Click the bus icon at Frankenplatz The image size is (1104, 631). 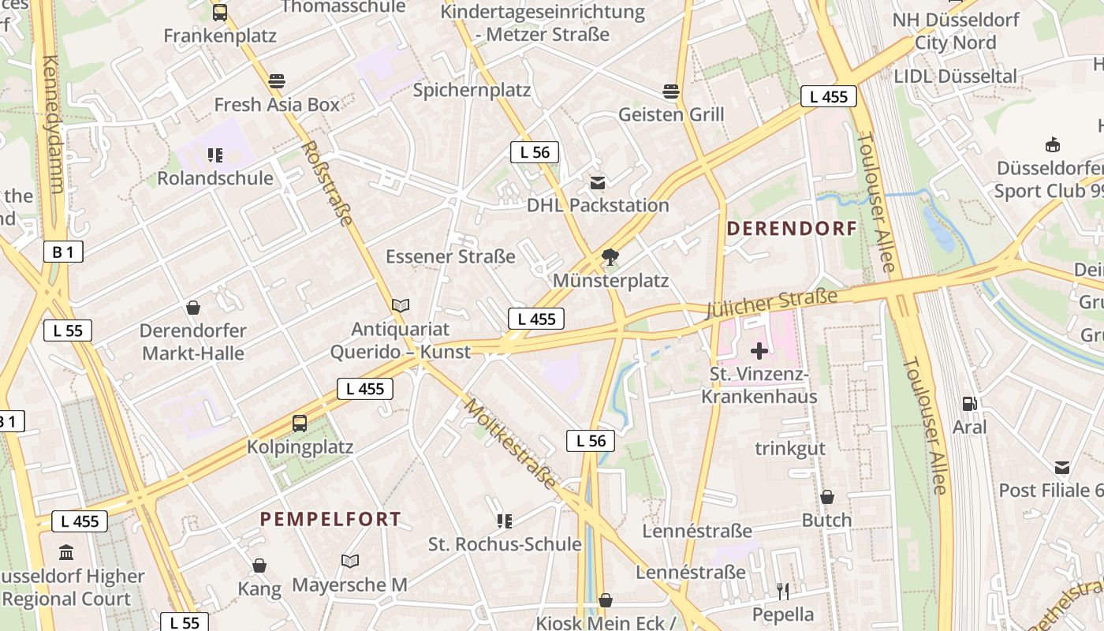point(220,13)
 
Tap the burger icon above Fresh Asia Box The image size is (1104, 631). point(276,80)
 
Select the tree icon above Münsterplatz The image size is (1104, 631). point(610,256)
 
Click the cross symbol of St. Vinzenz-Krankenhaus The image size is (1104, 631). point(759,350)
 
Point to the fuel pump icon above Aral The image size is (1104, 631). point(969,404)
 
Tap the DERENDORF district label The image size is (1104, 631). point(791,229)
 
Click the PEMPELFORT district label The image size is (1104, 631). point(330,519)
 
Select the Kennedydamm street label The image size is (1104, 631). point(51,125)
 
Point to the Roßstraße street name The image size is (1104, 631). point(326,183)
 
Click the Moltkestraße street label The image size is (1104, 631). point(510,443)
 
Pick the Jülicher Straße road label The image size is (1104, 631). point(771,304)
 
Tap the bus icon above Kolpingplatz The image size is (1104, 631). point(300,423)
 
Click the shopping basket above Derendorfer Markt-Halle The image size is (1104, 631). point(193,308)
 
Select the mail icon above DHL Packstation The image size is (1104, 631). point(598,183)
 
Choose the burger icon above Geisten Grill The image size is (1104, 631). point(671,91)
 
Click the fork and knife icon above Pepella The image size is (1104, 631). point(783,591)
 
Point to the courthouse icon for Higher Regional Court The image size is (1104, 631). point(66,552)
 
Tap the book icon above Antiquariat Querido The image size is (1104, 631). point(401,305)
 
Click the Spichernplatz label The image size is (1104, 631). point(472,90)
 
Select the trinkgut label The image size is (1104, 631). point(790,448)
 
